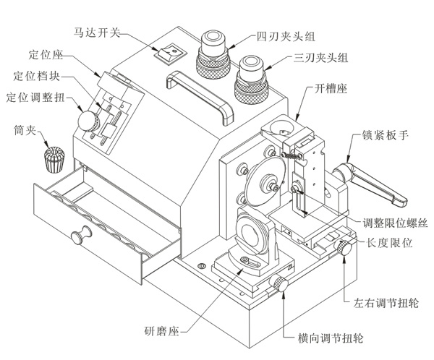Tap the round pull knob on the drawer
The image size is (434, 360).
point(80,235)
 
